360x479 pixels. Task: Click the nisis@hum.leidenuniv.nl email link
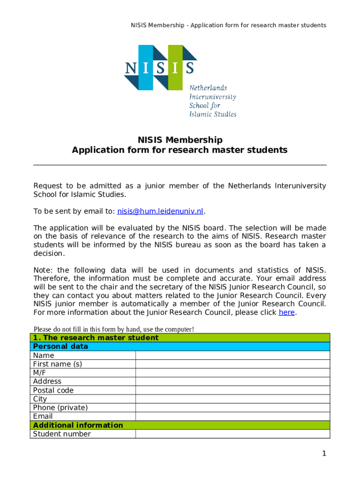pyautogui.click(x=160, y=211)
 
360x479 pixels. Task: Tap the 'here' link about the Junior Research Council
pyautogui.click(x=286, y=312)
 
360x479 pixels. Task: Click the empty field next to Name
pyautogui.click(x=232, y=356)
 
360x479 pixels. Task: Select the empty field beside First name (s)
pyautogui.click(x=232, y=364)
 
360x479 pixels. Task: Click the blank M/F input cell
pyautogui.click(x=232, y=373)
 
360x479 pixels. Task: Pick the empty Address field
pyautogui.click(x=232, y=381)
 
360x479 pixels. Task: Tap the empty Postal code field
pyautogui.click(x=232, y=390)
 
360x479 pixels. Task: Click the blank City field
pyautogui.click(x=232, y=399)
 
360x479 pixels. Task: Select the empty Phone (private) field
pyautogui.click(x=232, y=407)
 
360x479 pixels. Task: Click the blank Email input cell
pyautogui.click(x=232, y=416)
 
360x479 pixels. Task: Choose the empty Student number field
pyautogui.click(x=232, y=434)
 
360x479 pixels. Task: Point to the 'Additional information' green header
pyautogui.click(x=78, y=425)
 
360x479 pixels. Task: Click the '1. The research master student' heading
pyautogui.click(x=95, y=338)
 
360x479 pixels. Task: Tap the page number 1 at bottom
pyautogui.click(x=324, y=453)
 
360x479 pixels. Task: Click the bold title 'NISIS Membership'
pyautogui.click(x=180, y=140)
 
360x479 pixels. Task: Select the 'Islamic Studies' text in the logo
pyautogui.click(x=213, y=114)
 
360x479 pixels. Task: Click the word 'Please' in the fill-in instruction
pyautogui.click(x=43, y=329)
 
